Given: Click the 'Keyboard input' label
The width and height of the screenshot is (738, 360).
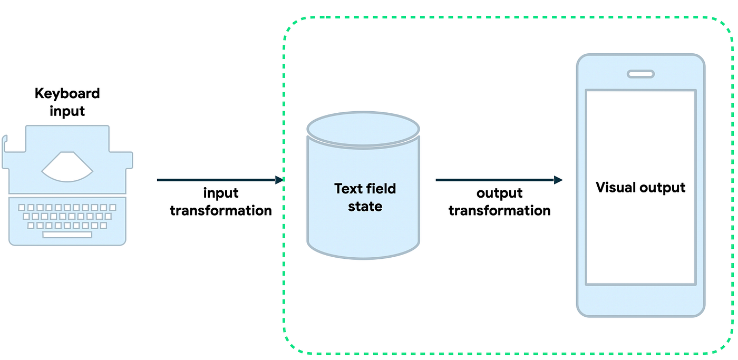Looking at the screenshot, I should coord(67,102).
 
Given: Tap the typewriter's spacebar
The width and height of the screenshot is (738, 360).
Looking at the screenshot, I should coord(67,235).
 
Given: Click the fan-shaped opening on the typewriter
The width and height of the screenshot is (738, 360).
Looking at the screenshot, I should coord(67,166).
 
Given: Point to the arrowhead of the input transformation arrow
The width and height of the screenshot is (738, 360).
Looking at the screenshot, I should coord(279,180).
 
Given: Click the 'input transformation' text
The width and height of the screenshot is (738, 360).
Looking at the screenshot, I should coord(220,202).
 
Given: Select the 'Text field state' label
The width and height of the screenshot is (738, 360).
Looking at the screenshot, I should coord(365,197).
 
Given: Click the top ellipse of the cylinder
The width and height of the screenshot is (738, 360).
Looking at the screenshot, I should coord(363,128).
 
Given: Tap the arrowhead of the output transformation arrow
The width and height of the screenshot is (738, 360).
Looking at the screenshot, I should coord(558,180).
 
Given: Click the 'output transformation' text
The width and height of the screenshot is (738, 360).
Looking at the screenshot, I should coord(499,202).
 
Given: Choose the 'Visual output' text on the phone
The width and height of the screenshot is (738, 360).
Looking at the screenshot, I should coord(640,188).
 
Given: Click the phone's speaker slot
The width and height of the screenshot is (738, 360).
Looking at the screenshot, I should coord(640,74).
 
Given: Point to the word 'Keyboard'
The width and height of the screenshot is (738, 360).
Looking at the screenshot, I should coord(67,94).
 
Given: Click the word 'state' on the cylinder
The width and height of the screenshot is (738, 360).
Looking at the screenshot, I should coord(365,206).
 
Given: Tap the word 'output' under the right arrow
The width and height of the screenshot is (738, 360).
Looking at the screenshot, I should coord(499,193).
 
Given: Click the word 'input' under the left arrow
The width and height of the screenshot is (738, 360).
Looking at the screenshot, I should coord(220,193).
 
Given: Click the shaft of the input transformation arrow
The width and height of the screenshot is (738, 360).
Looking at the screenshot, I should coord(216,180).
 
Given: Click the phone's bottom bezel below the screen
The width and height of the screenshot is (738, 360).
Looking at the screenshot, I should coord(640,300).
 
